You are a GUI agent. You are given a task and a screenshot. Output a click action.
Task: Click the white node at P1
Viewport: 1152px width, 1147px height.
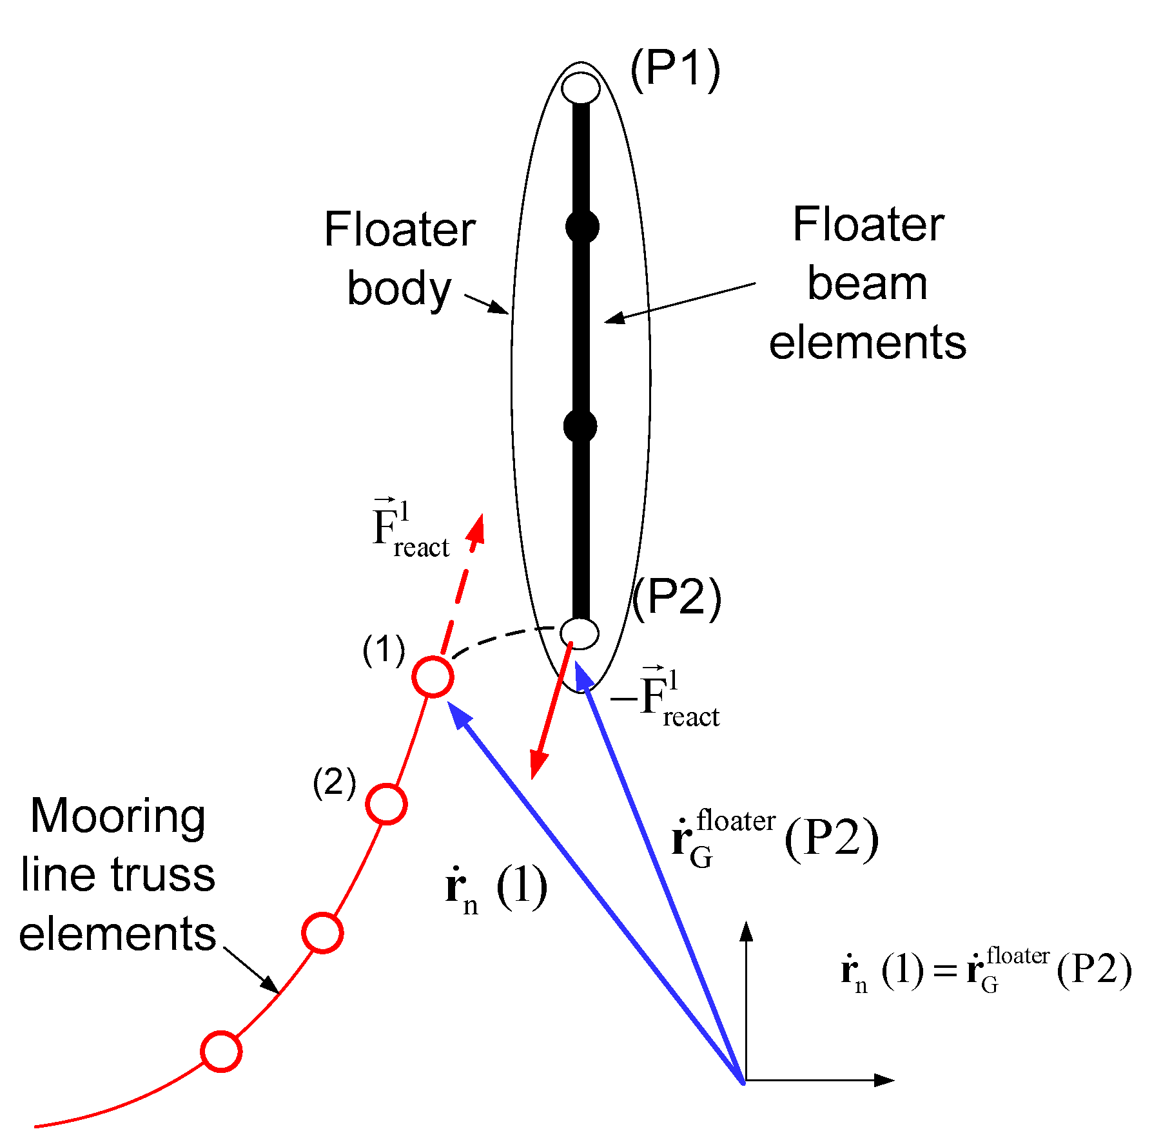pyautogui.click(x=580, y=88)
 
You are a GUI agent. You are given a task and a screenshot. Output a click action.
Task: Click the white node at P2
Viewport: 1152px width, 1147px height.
pyautogui.click(x=579, y=633)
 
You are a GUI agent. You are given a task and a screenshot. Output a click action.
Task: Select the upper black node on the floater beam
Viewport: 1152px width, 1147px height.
pyautogui.click(x=582, y=226)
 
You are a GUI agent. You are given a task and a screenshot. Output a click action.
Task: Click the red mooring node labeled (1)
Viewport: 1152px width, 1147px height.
pyautogui.click(x=433, y=677)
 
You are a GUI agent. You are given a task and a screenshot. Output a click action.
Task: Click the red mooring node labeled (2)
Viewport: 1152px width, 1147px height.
pyautogui.click(x=386, y=804)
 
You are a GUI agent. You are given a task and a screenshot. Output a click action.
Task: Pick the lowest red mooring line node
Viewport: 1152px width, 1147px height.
pyautogui.click(x=221, y=1050)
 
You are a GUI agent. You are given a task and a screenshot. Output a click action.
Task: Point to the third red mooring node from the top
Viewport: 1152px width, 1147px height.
pyautogui.click(x=322, y=932)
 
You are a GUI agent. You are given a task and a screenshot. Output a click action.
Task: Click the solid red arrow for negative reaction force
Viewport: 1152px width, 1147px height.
pyautogui.click(x=551, y=709)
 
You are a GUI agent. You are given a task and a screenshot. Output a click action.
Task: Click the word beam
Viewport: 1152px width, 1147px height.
pyautogui.click(x=867, y=284)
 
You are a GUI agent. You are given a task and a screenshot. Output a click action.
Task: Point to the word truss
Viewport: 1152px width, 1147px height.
pyautogui.click(x=162, y=875)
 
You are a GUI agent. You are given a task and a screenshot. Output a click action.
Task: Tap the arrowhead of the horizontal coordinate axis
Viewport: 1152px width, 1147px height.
pyautogui.click(x=886, y=1080)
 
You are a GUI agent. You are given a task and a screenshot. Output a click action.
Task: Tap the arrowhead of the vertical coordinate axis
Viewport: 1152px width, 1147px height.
pyautogui.click(x=746, y=932)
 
